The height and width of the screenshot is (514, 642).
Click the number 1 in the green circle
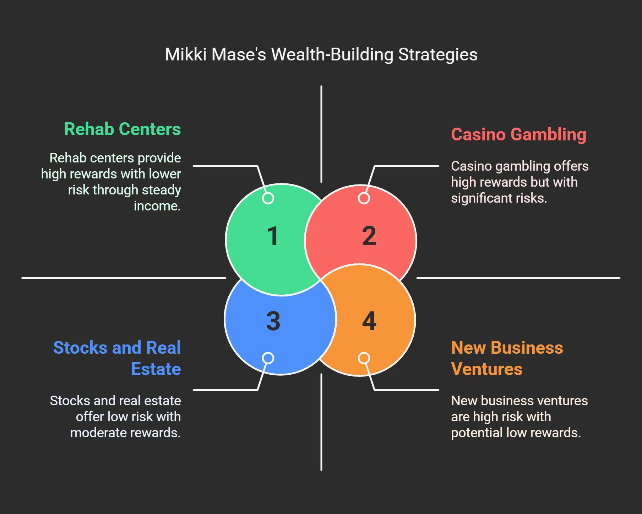point(273,236)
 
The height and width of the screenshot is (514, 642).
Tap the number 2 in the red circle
point(369,236)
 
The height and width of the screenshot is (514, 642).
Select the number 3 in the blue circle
point(273,321)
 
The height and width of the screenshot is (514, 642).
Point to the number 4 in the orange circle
point(369,321)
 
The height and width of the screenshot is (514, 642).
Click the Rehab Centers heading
point(122,129)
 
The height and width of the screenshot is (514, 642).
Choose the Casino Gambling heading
point(518,135)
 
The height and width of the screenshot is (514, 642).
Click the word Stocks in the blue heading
point(80,348)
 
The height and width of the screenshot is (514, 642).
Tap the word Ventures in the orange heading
point(486,369)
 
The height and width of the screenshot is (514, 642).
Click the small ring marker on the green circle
point(268,198)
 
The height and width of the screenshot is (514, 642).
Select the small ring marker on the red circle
point(364,198)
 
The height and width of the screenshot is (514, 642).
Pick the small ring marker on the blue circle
point(268,358)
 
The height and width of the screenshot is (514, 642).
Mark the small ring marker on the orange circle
point(364,358)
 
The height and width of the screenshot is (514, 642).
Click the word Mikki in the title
point(186,55)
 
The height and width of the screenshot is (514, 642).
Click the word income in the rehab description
point(157,206)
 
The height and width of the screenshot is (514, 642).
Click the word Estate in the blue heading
point(156,369)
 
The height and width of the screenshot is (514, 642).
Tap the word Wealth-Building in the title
point(332,55)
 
